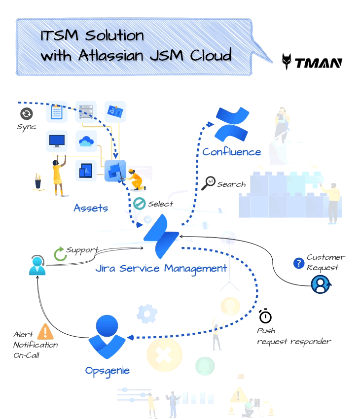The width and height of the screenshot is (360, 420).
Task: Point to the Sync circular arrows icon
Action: (26, 114)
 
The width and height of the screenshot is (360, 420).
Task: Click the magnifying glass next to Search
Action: (209, 183)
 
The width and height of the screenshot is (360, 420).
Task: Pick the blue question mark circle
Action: (298, 263)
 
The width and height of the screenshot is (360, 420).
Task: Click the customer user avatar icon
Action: (321, 284)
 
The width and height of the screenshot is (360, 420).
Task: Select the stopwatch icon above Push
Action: (265, 315)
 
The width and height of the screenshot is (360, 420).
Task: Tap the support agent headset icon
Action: (37, 266)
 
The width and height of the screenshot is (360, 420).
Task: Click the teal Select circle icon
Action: (140, 204)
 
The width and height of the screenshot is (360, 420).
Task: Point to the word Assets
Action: (91, 208)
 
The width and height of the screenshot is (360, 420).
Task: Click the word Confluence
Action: (232, 152)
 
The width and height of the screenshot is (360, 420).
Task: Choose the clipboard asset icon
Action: (57, 112)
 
